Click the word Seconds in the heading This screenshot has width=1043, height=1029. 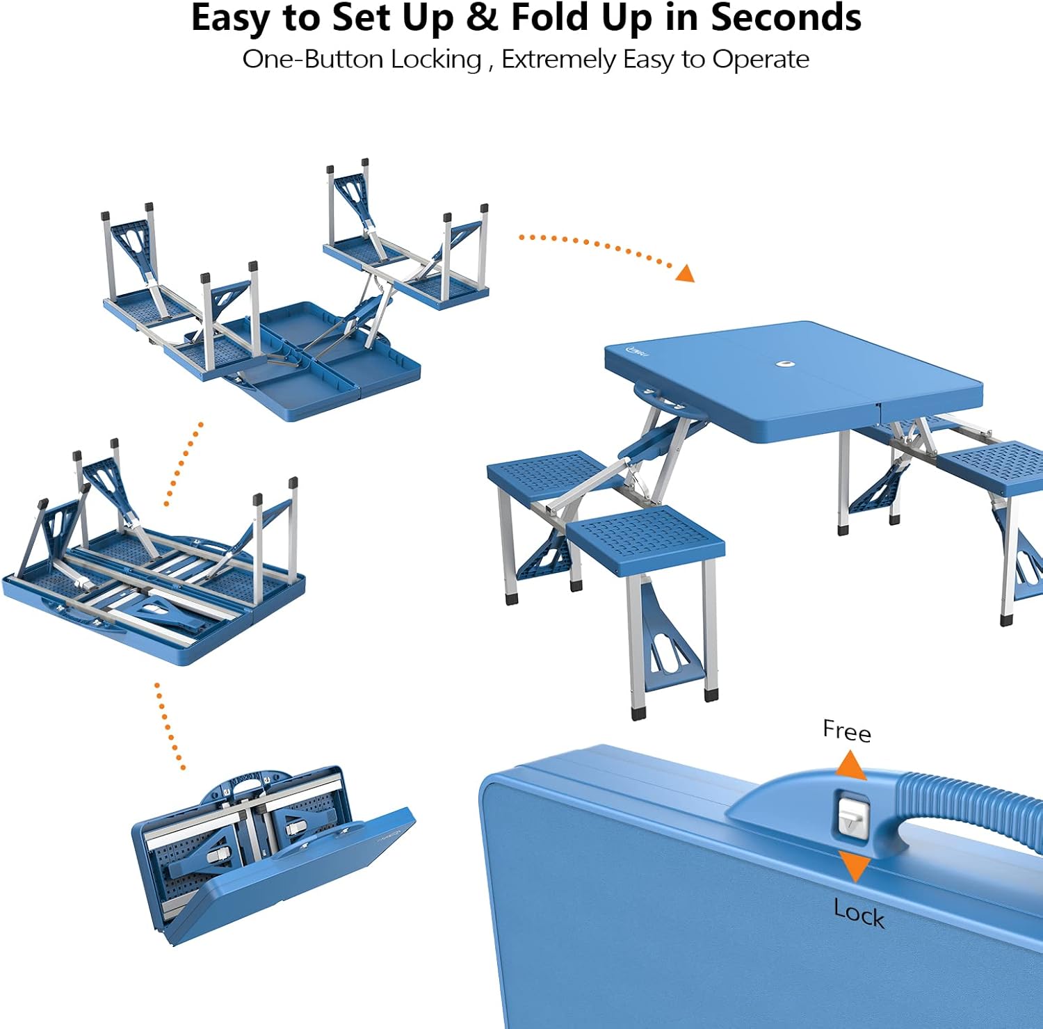coord(786,18)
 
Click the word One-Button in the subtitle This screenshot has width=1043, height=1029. coord(314,59)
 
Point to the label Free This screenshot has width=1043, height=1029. coord(847,731)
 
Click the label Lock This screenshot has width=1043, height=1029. coord(859,913)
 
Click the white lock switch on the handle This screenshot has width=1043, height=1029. coord(852,816)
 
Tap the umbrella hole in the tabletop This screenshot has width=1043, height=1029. coord(786,364)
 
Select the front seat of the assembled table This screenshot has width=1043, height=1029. coord(646,540)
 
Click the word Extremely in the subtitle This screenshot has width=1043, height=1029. coord(558,60)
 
